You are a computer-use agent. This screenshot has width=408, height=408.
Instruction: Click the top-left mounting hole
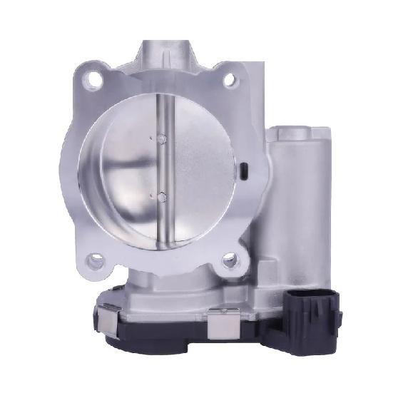coord(92,81)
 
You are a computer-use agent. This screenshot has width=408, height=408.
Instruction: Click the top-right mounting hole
coord(230,80)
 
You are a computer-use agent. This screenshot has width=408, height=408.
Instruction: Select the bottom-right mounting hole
coord(230,260)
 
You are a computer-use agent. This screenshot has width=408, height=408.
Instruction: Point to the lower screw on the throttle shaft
coord(162,195)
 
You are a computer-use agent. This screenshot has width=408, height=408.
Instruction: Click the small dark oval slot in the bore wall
coord(243,171)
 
